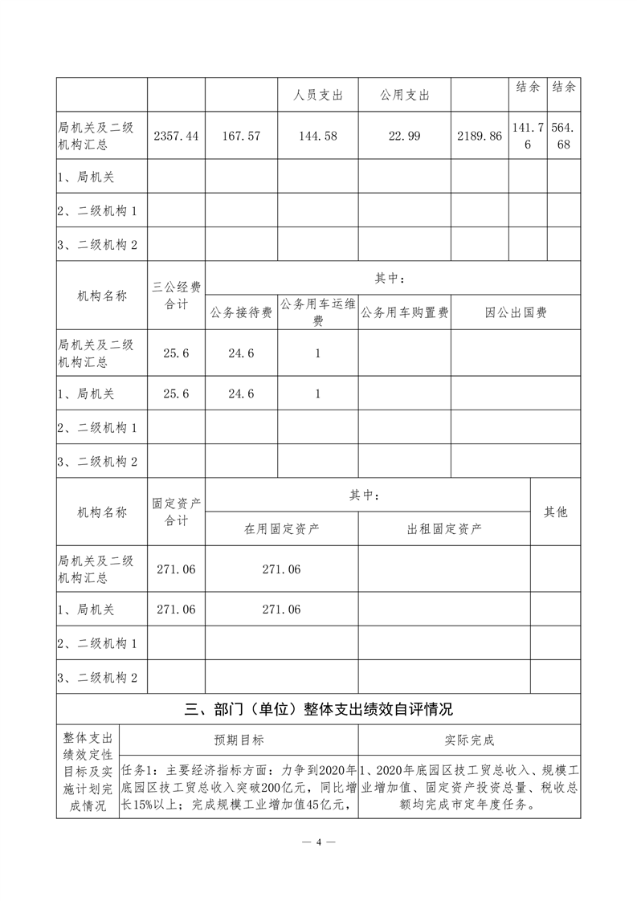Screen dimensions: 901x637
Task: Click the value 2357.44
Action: (175, 137)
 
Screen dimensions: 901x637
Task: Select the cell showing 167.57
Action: (242, 137)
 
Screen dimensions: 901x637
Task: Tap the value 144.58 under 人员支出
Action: (317, 137)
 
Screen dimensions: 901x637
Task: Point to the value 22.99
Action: (404, 137)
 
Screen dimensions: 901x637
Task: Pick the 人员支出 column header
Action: (317, 96)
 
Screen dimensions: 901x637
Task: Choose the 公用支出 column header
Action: (404, 96)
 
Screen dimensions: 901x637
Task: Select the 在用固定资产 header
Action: (282, 528)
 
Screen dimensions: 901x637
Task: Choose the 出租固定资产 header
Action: (444, 528)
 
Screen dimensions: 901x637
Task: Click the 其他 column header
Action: (555, 512)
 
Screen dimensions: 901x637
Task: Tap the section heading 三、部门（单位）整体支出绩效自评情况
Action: (319, 709)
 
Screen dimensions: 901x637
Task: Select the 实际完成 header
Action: (470, 740)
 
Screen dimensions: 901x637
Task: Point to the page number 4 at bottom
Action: (319, 842)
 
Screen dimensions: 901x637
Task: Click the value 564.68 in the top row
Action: (564, 137)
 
